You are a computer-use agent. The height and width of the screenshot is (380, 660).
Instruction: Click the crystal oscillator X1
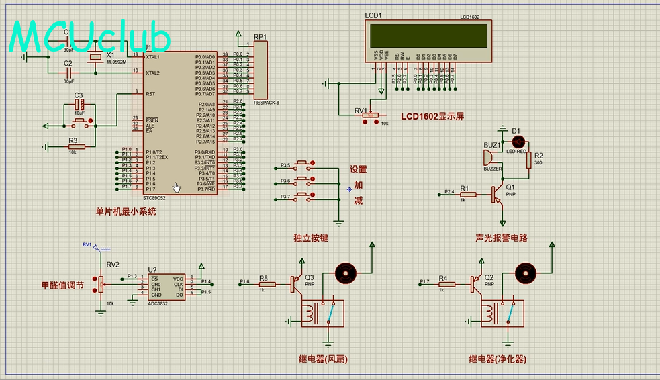tap(96, 59)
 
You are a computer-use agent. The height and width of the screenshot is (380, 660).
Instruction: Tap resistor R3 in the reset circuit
tap(76, 146)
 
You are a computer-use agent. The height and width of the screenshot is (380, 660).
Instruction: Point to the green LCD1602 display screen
tap(428, 34)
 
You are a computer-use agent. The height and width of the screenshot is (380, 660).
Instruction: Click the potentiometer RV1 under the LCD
tap(370, 115)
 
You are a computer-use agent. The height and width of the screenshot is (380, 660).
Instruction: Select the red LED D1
tap(518, 142)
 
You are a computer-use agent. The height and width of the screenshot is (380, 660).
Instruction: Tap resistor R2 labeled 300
tap(529, 160)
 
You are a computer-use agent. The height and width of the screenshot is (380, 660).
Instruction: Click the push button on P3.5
tap(303, 165)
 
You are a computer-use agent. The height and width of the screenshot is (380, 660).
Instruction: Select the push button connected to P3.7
tap(303, 197)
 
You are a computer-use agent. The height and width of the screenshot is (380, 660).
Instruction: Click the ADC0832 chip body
tap(166, 287)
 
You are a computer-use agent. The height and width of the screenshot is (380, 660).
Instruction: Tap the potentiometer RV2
tap(101, 285)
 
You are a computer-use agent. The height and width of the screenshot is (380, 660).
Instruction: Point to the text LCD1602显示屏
tap(432, 116)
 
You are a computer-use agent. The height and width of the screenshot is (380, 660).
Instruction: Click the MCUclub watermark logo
tap(90, 37)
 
